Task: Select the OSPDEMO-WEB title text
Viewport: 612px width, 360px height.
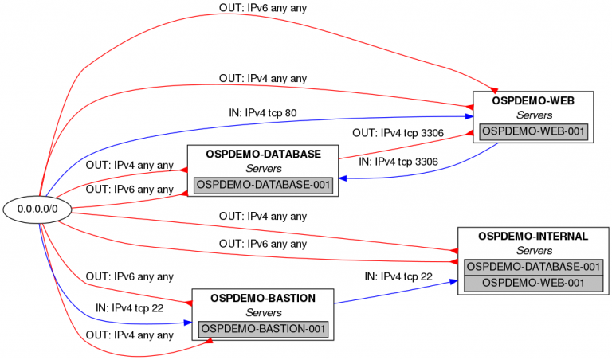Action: tap(533, 101)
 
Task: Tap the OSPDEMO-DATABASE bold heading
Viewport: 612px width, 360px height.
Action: tap(263, 154)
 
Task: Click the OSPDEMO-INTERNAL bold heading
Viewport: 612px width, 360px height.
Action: tap(533, 237)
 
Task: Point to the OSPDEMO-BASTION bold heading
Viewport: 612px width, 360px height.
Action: tap(263, 298)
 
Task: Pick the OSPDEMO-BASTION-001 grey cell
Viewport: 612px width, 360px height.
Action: tap(263, 328)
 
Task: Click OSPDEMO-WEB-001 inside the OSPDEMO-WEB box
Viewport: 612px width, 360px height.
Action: tap(533, 131)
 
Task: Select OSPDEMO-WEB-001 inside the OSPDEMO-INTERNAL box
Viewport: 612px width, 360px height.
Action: tap(533, 283)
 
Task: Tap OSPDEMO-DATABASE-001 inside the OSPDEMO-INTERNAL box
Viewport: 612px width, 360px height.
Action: tap(533, 267)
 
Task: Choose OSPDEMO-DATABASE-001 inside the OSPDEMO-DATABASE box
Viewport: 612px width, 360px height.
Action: tap(263, 185)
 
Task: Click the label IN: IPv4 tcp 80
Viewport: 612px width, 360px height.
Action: tap(263, 113)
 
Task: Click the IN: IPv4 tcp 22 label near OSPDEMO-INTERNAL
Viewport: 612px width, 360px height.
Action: tap(398, 276)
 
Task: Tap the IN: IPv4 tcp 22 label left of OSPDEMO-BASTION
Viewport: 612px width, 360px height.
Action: tap(130, 307)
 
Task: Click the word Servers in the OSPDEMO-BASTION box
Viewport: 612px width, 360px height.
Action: tap(263, 313)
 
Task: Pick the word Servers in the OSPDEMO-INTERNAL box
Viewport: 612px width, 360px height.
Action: tap(533, 252)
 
